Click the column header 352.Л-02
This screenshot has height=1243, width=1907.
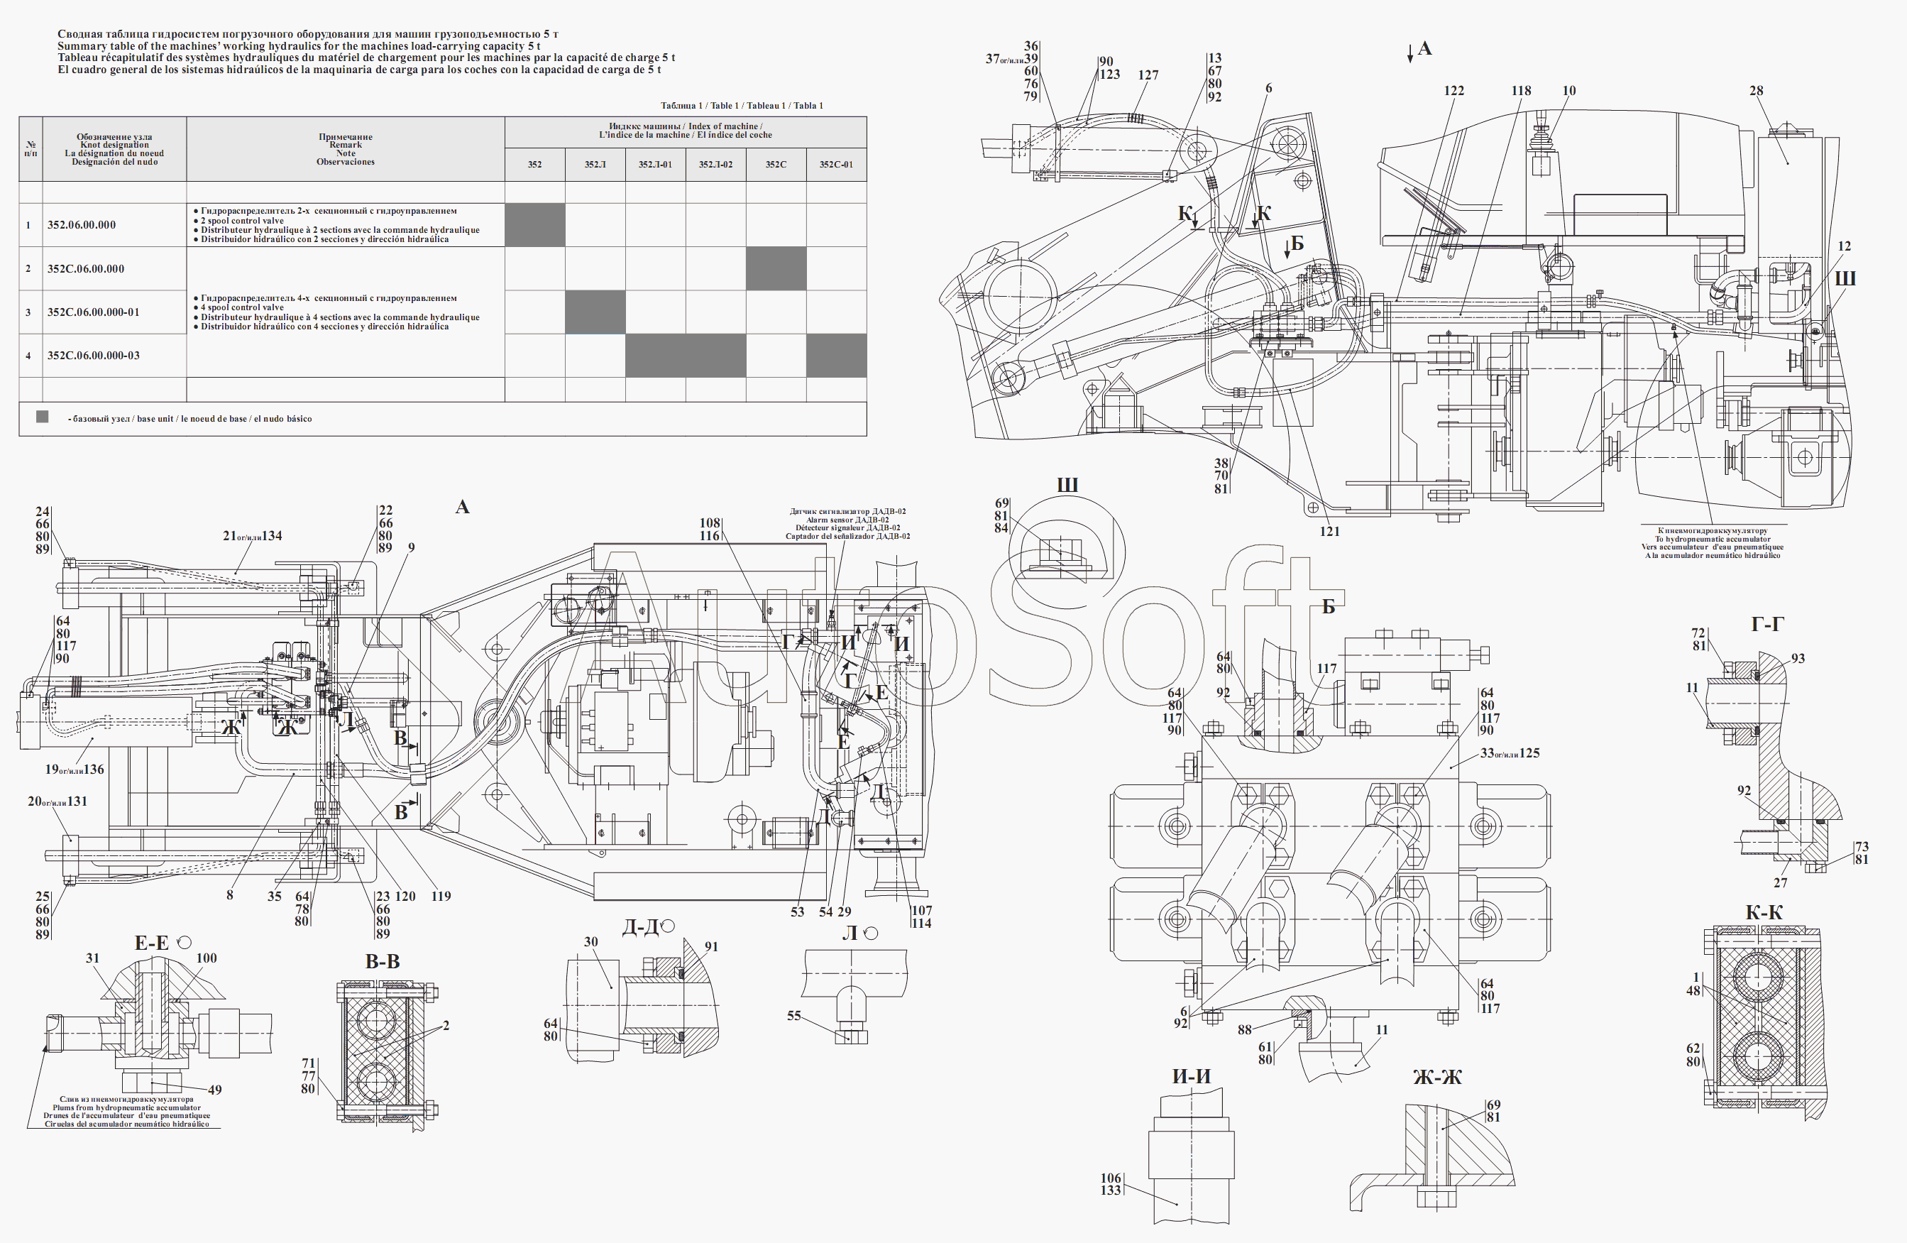[x=715, y=164]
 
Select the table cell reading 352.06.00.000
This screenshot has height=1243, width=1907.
[x=81, y=225]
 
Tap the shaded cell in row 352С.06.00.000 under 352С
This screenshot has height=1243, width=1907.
[x=776, y=268]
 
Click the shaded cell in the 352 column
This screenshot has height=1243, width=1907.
[x=534, y=224]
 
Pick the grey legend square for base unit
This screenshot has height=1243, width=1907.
[x=43, y=417]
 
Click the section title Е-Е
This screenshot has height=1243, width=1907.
[x=151, y=943]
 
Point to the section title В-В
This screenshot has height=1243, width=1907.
[x=383, y=962]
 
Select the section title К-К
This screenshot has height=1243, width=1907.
[x=1764, y=913]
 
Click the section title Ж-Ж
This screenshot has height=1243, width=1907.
[x=1436, y=1078]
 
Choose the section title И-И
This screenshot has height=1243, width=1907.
[x=1191, y=1076]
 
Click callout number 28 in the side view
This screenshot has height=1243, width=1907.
[x=1756, y=91]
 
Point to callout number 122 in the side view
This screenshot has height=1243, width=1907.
[x=1453, y=91]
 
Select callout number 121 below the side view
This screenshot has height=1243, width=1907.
[x=1329, y=530]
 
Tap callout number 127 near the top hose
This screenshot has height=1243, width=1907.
[x=1148, y=75]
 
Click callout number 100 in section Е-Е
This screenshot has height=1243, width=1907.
[x=206, y=958]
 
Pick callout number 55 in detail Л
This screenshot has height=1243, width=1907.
[x=793, y=1015]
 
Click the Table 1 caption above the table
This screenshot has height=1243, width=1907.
[x=741, y=105]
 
